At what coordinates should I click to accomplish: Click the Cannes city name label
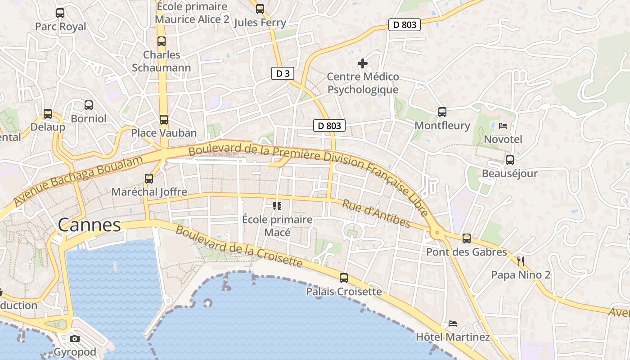click(90, 225)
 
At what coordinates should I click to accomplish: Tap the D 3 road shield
click(283, 73)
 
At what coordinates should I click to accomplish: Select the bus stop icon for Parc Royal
click(60, 13)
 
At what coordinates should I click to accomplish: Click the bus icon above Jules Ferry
click(260, 9)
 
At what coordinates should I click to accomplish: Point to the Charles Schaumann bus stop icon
click(162, 41)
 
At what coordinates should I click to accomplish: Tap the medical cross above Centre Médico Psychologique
click(363, 63)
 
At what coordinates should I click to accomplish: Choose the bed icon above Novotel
click(503, 126)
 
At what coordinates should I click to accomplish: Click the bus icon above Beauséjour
click(510, 160)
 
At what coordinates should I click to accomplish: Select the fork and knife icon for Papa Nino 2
click(521, 261)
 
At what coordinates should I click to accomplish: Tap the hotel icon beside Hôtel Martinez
click(453, 324)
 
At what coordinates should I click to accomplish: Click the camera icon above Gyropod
click(75, 338)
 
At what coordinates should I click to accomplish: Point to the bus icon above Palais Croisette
click(344, 278)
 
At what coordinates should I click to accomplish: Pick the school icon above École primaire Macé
click(277, 206)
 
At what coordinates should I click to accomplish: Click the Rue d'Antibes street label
click(377, 213)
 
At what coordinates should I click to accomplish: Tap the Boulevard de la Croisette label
click(238, 246)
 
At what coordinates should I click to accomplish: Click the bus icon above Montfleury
click(442, 112)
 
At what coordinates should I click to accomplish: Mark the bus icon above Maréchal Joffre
click(149, 179)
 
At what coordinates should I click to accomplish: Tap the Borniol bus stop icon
click(89, 105)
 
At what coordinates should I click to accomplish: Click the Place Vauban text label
click(164, 133)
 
